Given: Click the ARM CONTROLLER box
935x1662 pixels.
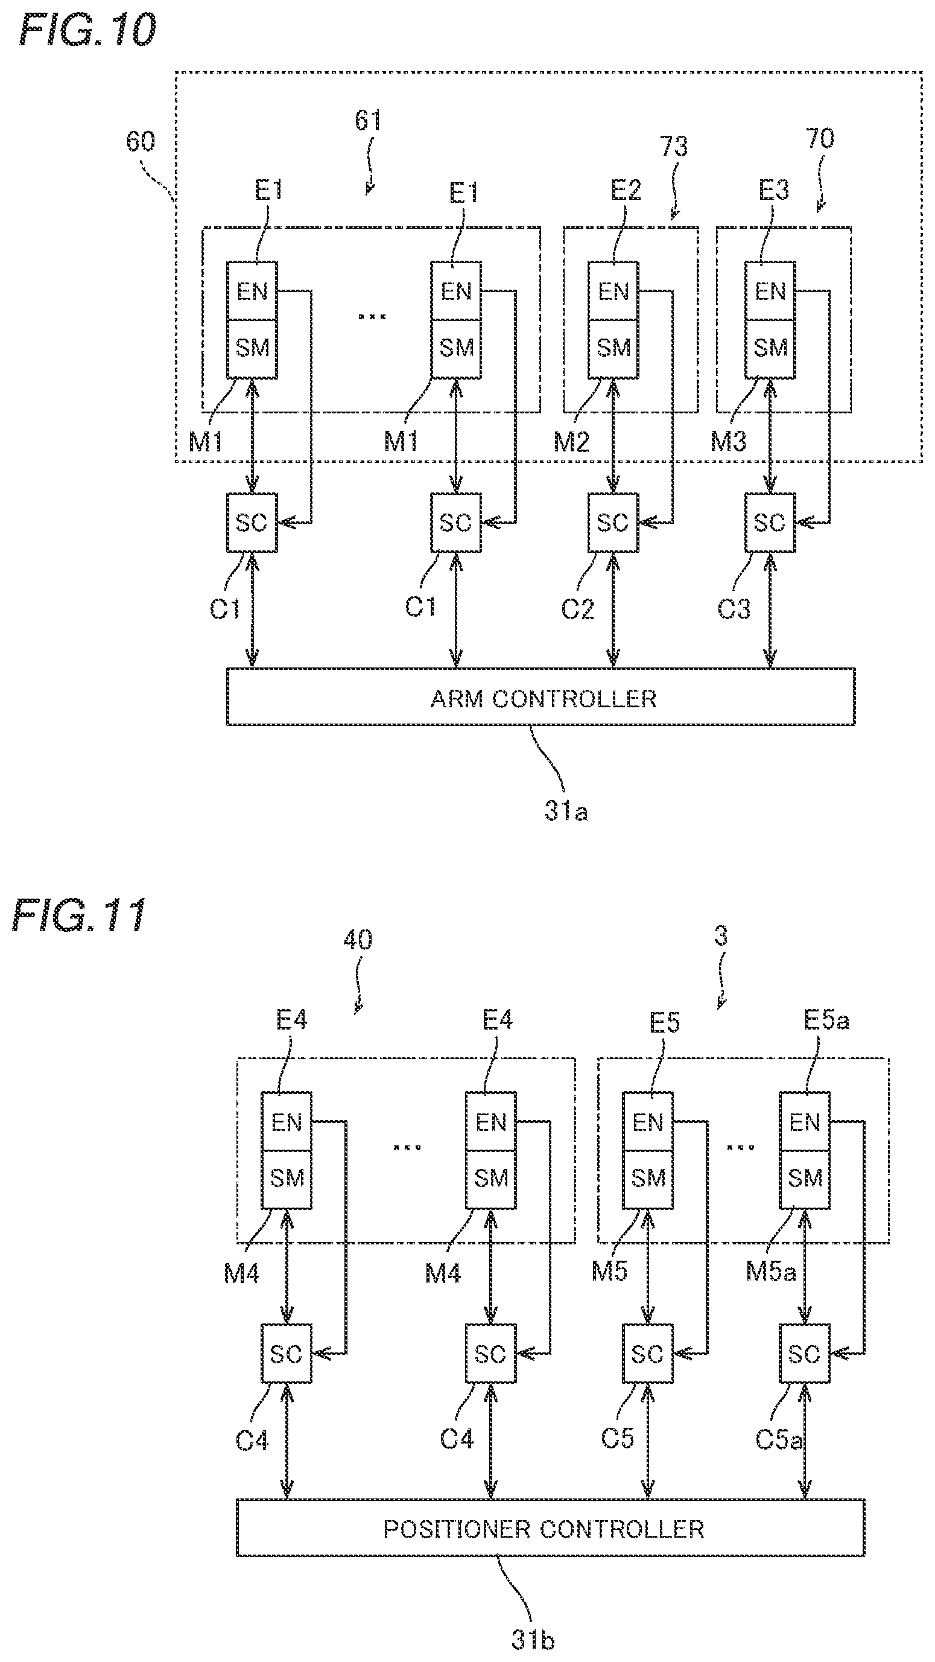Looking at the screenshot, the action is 540,697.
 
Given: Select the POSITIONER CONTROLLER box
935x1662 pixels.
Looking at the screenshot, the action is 550,1528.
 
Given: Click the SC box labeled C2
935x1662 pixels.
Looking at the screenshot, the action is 613,523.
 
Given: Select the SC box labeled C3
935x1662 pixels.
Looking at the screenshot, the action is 770,523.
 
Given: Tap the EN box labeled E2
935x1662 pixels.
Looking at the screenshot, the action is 613,291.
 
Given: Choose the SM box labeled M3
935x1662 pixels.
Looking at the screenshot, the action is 770,349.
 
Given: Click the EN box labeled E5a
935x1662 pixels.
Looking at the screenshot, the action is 804,1122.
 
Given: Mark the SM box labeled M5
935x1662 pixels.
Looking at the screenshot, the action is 647,1179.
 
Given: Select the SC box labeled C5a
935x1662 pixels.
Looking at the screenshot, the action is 804,1354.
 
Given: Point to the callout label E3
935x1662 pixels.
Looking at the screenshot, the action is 773,190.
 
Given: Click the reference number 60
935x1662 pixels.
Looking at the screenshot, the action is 141,141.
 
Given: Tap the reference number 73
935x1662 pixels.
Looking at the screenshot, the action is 674,147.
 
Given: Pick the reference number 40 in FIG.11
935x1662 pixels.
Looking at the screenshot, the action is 357,940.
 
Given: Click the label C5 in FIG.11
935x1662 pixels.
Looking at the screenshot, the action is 618,1438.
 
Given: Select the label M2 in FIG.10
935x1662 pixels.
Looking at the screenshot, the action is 571,442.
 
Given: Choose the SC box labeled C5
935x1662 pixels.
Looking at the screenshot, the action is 647,1354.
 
